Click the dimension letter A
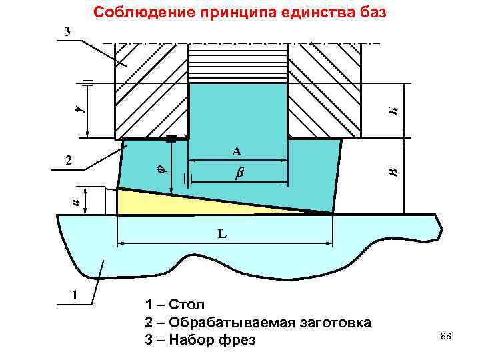[237, 151]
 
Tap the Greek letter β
[239, 173]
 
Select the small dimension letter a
[76, 199]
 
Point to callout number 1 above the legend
[74, 294]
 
